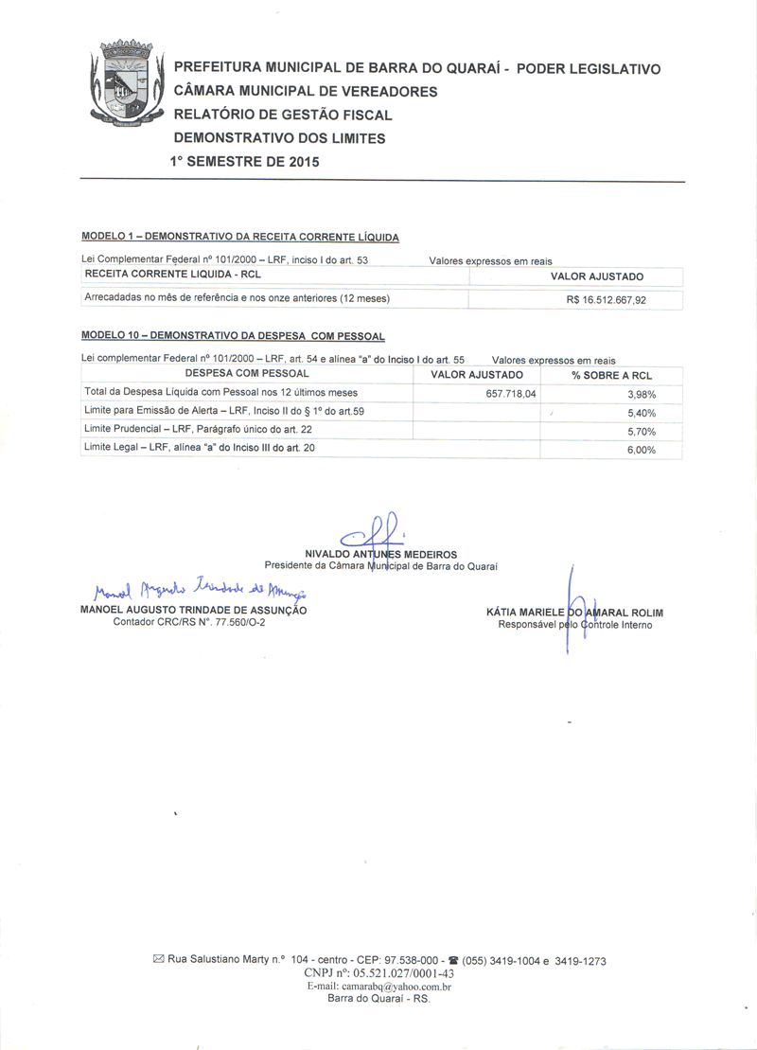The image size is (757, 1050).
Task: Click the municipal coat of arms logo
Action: (x=127, y=85)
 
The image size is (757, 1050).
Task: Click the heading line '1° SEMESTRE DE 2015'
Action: (x=244, y=161)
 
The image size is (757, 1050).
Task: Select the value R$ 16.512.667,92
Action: (x=610, y=300)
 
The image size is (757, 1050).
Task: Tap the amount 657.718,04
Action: (x=510, y=393)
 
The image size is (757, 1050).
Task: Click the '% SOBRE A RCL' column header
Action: (x=611, y=375)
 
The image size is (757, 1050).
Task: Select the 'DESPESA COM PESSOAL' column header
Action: (x=247, y=374)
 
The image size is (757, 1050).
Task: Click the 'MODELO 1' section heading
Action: (x=240, y=236)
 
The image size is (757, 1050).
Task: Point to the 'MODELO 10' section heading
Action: (x=233, y=336)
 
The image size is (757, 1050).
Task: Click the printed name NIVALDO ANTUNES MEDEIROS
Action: (x=380, y=554)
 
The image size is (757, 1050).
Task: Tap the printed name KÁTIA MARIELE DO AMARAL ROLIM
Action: (x=574, y=613)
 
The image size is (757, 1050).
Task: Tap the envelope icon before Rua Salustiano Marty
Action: (x=158, y=960)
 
